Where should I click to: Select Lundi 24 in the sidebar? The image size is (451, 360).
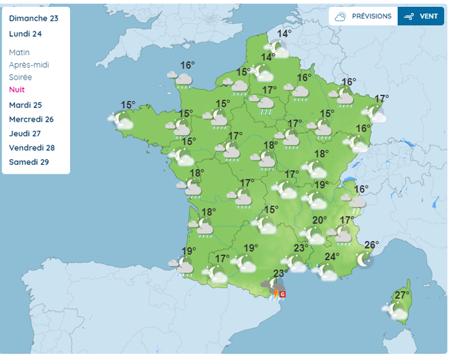coord(26,33)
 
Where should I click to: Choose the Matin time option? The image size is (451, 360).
coord(20,53)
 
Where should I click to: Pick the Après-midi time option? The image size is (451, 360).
coord(29,65)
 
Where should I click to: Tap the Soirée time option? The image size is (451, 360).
coord(21,78)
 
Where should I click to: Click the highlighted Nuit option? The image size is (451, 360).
coord(17,90)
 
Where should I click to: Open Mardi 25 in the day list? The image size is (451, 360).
coord(26,105)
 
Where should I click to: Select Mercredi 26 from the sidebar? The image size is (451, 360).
coord(32,119)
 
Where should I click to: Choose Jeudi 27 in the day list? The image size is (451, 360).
coord(26,134)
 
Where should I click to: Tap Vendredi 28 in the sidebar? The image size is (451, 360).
coord(32,148)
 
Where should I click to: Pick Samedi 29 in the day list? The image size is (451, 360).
coord(29,162)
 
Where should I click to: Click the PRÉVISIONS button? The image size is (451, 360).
coord(364,16)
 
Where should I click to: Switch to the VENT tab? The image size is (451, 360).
coord(421,16)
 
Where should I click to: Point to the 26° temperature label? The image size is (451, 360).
coord(371,244)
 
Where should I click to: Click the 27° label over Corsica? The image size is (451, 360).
coord(401,296)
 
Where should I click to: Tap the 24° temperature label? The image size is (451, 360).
coord(332,257)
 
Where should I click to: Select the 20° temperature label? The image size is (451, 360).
coord(319,221)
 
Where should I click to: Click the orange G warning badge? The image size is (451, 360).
coord(282,294)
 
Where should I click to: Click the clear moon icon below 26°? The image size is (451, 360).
coord(364,260)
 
